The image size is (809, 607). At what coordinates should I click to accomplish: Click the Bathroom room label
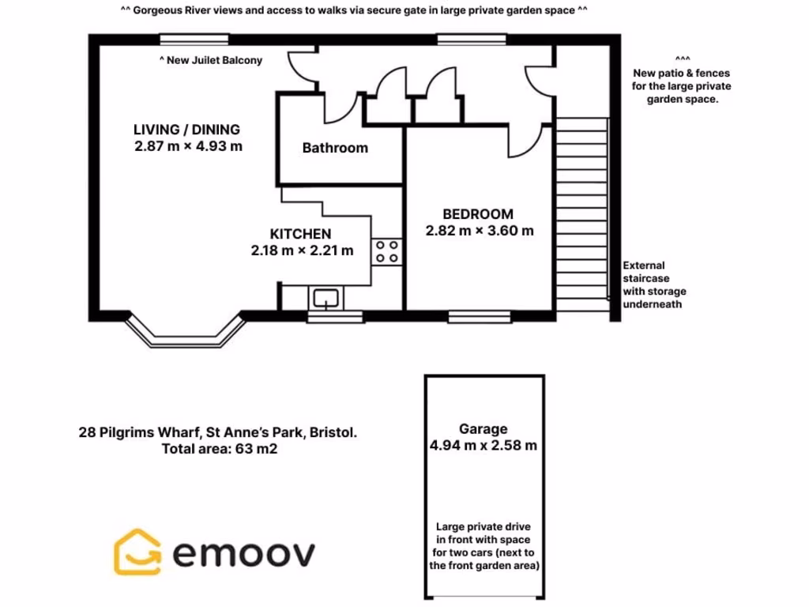point(335,148)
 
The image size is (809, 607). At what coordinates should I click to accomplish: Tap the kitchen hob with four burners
point(387,251)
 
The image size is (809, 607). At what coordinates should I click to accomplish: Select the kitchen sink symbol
point(325,298)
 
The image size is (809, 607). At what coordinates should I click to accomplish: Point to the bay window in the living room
point(184,332)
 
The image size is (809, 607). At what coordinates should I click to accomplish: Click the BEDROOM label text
point(477,214)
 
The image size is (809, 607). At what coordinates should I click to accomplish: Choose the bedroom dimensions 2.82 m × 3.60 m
point(479,231)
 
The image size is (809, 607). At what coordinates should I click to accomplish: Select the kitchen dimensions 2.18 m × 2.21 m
point(302,251)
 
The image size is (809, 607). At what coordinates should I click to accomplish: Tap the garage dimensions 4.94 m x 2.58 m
point(484,445)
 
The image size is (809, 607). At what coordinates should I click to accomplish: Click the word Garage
point(484,429)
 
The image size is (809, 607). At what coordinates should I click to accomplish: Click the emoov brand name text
point(243,553)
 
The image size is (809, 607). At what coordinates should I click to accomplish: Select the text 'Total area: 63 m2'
point(219,449)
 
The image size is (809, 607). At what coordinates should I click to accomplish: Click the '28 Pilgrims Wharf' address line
point(217,432)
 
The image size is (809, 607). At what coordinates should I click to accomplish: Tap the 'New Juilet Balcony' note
point(211,60)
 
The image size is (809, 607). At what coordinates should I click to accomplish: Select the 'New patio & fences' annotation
point(682,86)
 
